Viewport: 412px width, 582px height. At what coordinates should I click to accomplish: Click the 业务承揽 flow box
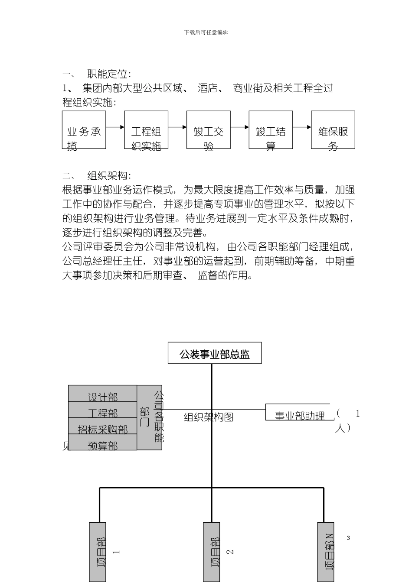click(x=84, y=130)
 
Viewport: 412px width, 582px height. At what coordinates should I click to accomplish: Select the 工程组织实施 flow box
click(x=146, y=130)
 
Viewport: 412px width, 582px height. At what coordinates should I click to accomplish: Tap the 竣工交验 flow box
click(x=209, y=130)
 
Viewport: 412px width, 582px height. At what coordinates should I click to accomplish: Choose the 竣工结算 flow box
click(x=271, y=130)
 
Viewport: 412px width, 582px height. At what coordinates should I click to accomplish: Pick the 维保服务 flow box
click(x=333, y=130)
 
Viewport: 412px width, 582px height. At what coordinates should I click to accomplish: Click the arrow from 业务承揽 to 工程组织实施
click(x=115, y=127)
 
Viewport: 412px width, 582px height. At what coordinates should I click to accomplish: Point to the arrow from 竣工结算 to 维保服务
click(x=302, y=127)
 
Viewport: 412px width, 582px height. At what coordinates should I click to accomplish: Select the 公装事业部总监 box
click(x=215, y=353)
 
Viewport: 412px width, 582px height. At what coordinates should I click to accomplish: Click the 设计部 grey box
click(x=103, y=394)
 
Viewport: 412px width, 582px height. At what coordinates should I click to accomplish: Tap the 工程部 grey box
click(x=103, y=410)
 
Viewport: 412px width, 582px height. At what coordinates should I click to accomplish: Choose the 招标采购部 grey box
click(x=103, y=427)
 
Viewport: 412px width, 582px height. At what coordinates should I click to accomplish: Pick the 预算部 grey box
click(x=103, y=443)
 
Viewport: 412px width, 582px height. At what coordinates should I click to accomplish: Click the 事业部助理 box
click(x=299, y=413)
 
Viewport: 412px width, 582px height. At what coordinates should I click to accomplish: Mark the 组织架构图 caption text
click(x=209, y=417)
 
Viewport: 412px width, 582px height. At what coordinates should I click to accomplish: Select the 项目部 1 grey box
click(x=98, y=552)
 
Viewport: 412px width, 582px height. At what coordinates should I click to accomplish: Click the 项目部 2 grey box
click(x=212, y=552)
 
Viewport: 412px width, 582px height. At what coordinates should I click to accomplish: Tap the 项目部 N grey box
click(x=326, y=552)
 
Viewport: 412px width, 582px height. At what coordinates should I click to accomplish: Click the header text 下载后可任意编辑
click(x=206, y=32)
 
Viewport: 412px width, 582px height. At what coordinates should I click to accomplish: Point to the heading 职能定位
click(x=109, y=74)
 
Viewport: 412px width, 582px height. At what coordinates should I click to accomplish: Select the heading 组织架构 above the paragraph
click(x=109, y=175)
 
